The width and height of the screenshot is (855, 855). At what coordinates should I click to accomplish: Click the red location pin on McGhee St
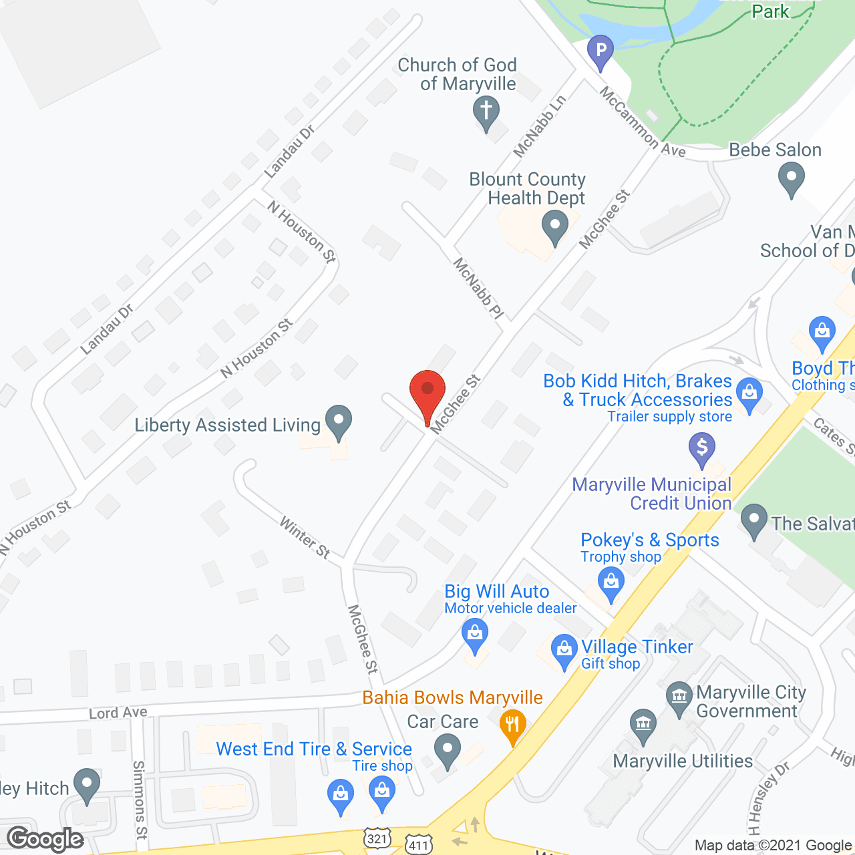(x=427, y=391)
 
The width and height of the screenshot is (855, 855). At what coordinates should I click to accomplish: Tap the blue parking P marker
(x=600, y=51)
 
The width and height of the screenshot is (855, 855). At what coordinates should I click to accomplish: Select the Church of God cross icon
(x=486, y=111)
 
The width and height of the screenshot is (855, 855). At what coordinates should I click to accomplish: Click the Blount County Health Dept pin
(x=554, y=226)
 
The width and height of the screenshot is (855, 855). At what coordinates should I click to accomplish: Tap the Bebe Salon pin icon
(x=792, y=179)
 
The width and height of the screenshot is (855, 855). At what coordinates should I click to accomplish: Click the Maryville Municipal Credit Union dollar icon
(x=701, y=447)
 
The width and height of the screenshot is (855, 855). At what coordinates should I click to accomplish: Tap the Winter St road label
(x=305, y=537)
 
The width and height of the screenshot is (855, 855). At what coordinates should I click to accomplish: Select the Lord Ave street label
(x=118, y=713)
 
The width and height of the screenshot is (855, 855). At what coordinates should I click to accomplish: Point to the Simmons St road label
(x=139, y=800)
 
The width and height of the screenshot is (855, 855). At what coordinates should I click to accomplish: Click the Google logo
(x=45, y=839)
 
